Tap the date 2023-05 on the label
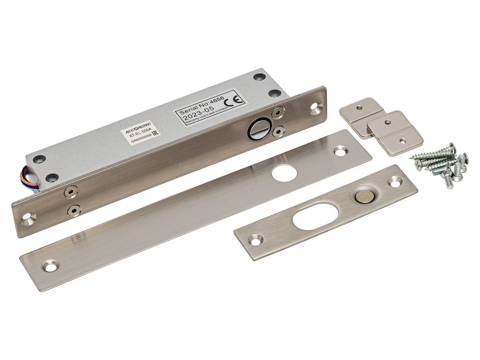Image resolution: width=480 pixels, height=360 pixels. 198,113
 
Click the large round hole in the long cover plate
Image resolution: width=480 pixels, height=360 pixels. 284,173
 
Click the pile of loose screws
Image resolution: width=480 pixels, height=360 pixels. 438,166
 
